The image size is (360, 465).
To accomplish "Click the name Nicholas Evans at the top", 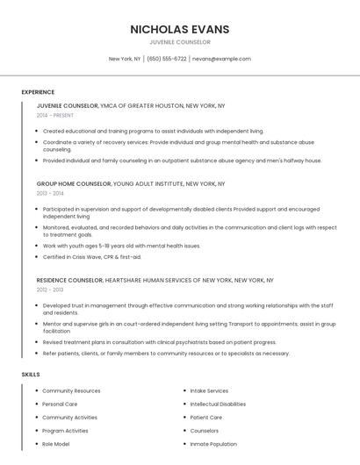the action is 179,29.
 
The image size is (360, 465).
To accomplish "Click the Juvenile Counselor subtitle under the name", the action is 179,42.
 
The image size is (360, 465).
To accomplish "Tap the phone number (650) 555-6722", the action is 167,59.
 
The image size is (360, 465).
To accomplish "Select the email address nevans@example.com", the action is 221,59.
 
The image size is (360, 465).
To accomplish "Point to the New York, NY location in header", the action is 125,59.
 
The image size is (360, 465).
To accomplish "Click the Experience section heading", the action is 38,92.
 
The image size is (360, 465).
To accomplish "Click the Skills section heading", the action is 31,375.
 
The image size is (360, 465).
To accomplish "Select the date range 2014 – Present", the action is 55,115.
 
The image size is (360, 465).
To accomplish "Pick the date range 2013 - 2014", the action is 50,193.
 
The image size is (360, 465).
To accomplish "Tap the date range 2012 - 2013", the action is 50,290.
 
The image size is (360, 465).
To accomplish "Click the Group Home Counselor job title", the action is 74,184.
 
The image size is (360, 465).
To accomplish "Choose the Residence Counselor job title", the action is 69,281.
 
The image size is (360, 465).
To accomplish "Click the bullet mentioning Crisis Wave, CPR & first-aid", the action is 92,257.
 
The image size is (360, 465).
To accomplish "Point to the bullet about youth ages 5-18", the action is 121,246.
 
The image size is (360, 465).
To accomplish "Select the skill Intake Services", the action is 209,390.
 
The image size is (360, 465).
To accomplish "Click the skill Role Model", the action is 57,444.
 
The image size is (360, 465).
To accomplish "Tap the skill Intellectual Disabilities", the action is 218,404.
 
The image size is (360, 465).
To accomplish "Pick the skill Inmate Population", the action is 213,444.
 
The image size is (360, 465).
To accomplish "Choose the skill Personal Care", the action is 60,404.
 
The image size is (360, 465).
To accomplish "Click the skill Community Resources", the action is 71,390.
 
